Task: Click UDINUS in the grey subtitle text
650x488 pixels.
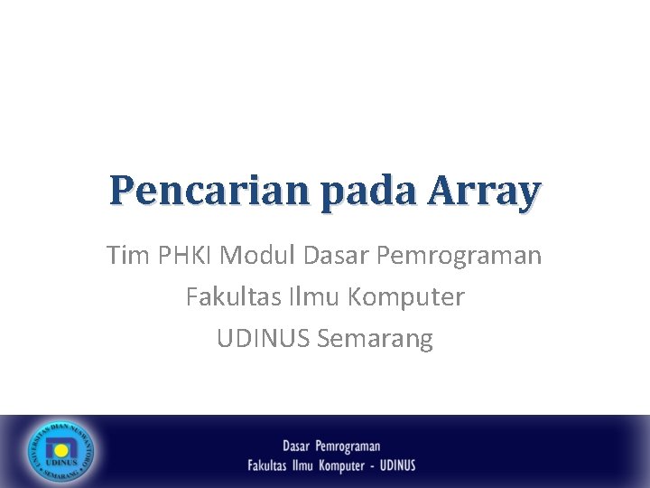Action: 264,339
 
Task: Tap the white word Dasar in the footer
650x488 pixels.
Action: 296,446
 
